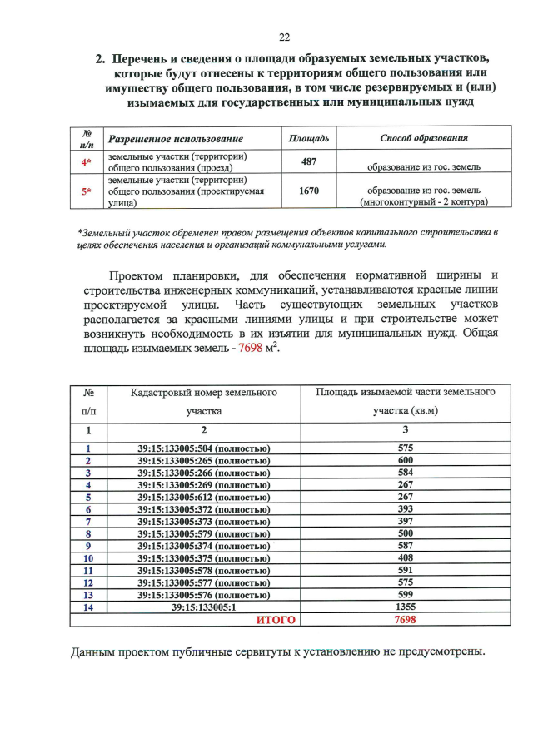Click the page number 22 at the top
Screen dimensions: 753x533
pyautogui.click(x=284, y=37)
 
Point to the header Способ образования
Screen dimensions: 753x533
pyautogui.click(x=423, y=138)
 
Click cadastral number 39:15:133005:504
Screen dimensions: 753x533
pyautogui.click(x=204, y=448)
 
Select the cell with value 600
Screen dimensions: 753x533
pyautogui.click(x=406, y=461)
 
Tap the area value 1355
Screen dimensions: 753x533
pyautogui.click(x=406, y=607)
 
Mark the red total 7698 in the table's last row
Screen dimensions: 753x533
pyautogui.click(x=406, y=620)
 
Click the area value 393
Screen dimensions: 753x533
pyautogui.click(x=406, y=509)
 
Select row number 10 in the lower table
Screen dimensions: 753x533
pyautogui.click(x=88, y=558)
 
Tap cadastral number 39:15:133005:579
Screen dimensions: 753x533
pyautogui.click(x=204, y=533)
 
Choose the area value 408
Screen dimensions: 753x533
pyautogui.click(x=406, y=558)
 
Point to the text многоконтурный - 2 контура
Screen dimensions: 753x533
pyautogui.click(x=423, y=201)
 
